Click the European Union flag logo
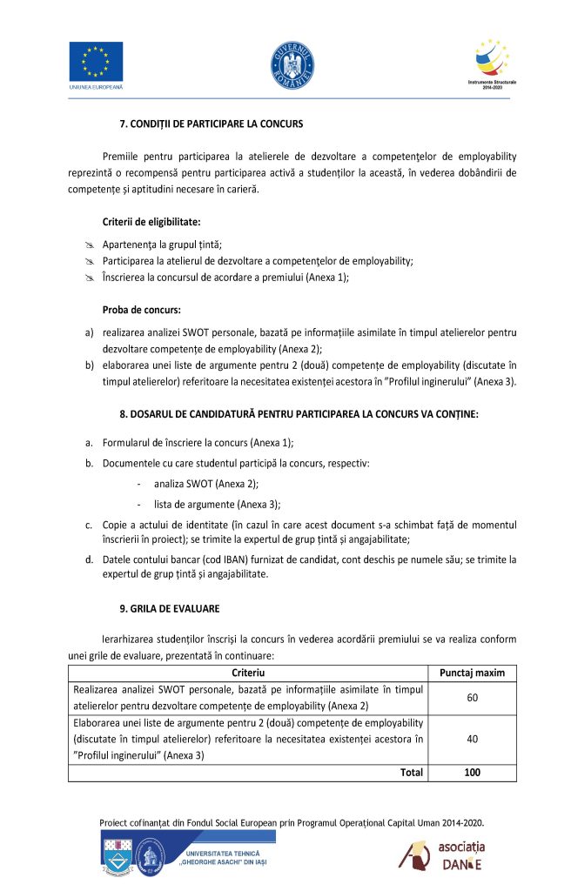[96, 62]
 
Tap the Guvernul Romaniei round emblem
[292, 64]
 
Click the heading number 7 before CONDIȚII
[122, 124]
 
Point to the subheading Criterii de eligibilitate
[151, 222]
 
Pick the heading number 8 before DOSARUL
[122, 413]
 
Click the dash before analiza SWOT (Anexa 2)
[139, 483]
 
